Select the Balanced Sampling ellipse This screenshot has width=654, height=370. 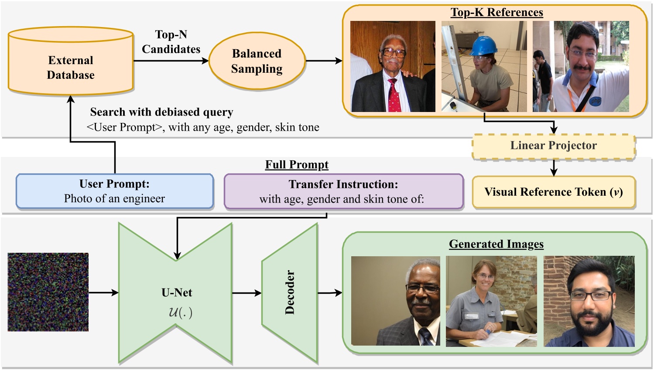coord(257,61)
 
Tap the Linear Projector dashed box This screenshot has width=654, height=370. coord(553,146)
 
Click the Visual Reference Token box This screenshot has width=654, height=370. coord(553,192)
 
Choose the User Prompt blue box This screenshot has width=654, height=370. coord(114,191)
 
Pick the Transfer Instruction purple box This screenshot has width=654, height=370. coord(343,191)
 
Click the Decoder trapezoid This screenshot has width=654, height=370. coord(290,293)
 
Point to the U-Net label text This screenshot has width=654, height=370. coord(177,292)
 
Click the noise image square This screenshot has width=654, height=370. coord(48,292)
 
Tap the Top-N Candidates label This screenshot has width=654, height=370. coord(171,42)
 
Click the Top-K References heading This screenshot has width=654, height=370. coord(496,12)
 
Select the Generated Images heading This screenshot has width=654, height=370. coord(496,244)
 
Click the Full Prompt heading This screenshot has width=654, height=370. coord(297,165)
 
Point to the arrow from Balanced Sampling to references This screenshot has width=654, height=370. coord(324,61)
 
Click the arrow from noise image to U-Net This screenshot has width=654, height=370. coord(103,292)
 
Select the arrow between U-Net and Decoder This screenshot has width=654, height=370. coord(247,293)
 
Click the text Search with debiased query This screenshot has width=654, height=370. coord(161,112)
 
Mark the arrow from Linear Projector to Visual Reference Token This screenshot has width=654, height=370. coord(553,167)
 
